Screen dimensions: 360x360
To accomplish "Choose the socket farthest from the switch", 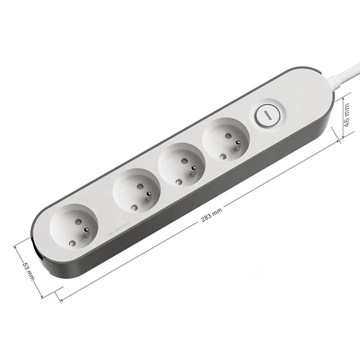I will [x=74, y=228].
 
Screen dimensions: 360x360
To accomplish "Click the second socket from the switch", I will [x=181, y=165].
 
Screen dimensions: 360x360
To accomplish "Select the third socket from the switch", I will [x=136, y=192].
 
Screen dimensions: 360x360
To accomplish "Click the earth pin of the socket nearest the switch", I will [x=237, y=144].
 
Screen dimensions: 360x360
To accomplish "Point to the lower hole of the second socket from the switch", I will [x=179, y=182].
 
